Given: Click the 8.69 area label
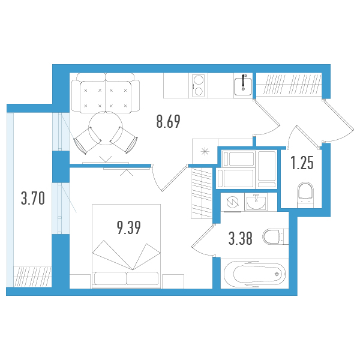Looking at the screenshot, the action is click(x=168, y=121).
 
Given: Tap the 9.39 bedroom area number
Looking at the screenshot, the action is click(x=128, y=227).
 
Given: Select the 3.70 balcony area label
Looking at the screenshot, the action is click(x=33, y=199).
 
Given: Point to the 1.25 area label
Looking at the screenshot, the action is click(x=302, y=163).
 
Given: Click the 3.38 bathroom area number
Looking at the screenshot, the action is click(x=241, y=238).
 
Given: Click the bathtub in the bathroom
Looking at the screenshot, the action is click(x=255, y=274).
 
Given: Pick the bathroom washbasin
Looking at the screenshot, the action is click(x=256, y=202).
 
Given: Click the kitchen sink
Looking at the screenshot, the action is click(x=243, y=86).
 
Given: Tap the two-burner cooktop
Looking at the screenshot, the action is click(x=199, y=86).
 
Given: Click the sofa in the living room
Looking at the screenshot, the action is click(x=106, y=93).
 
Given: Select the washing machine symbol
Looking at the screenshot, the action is click(x=232, y=202).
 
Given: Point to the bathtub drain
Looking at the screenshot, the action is click(x=277, y=274).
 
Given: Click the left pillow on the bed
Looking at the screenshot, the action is click(x=110, y=278).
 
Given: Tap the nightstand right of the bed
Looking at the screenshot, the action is click(x=173, y=281).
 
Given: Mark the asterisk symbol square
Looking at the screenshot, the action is click(x=205, y=151).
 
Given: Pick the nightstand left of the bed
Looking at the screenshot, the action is click(x=80, y=281).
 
